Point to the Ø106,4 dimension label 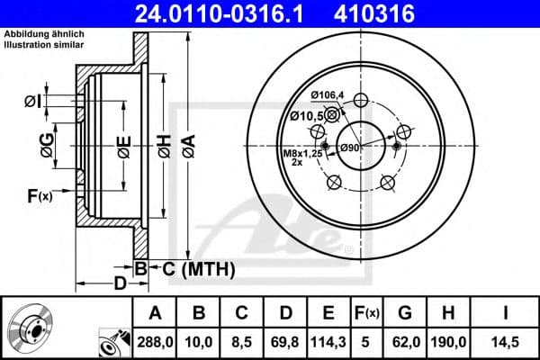(328, 97)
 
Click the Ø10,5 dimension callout (306, 115)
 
